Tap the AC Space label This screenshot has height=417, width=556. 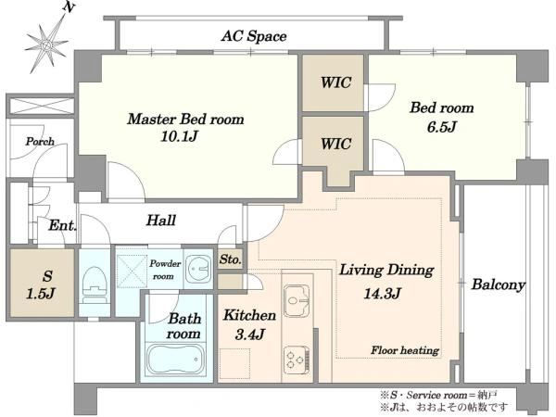coord(254,36)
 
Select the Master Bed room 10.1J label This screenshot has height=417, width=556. coord(185,127)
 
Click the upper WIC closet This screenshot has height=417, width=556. coord(333,83)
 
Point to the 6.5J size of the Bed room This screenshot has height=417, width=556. coord(441,127)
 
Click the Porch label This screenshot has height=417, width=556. coord(40,142)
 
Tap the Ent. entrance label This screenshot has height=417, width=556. coord(62,225)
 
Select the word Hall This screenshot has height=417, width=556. coord(161,221)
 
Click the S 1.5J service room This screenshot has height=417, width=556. coord(43,283)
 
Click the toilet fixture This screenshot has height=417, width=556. coord(94,284)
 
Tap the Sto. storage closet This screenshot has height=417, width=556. coord(231,259)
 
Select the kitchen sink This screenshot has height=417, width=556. coord(297,300)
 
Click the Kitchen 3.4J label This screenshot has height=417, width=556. coord(249,324)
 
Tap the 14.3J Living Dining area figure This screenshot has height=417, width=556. coord(383,293)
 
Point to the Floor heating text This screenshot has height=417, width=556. coord(405,350)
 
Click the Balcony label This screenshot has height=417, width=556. coord(498,284)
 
